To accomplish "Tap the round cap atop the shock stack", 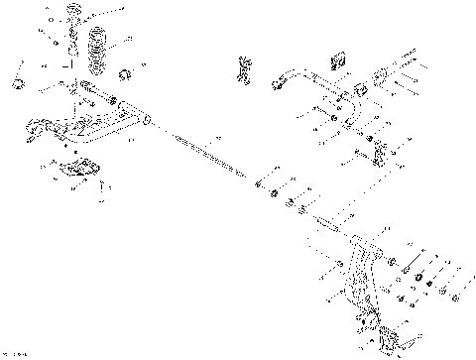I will [73, 12].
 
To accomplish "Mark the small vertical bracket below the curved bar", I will [380, 154].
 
